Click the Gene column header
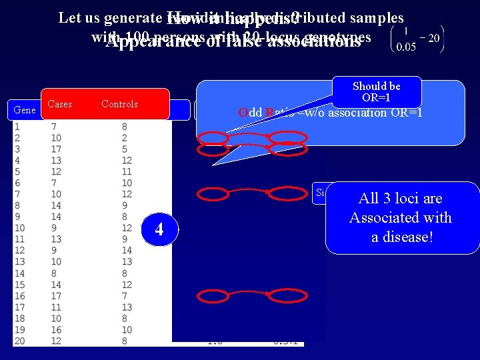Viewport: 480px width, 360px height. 25,109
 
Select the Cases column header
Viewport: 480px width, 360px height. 60,104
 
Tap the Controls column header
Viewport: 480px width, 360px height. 119,104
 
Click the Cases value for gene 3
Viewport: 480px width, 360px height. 55,149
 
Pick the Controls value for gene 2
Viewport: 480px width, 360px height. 125,137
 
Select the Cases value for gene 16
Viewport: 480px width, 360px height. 55,295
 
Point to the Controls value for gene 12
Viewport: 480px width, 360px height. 127,250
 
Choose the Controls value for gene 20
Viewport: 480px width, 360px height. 125,341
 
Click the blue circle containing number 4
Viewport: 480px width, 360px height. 159,229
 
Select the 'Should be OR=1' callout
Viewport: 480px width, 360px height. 377,92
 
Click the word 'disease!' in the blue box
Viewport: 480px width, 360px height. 401,237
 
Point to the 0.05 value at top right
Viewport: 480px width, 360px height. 406,47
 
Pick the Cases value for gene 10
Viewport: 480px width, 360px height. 55,227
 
